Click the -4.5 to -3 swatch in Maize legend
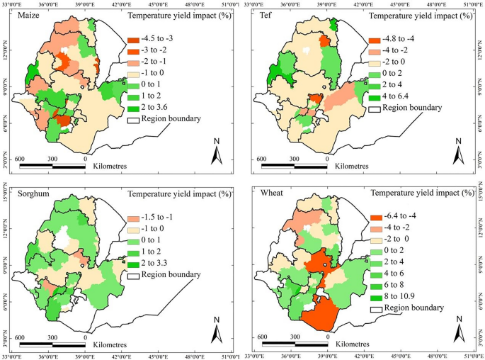coord(133,40)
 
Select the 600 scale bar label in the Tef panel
coord(263,159)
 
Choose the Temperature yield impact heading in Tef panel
coord(423,15)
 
